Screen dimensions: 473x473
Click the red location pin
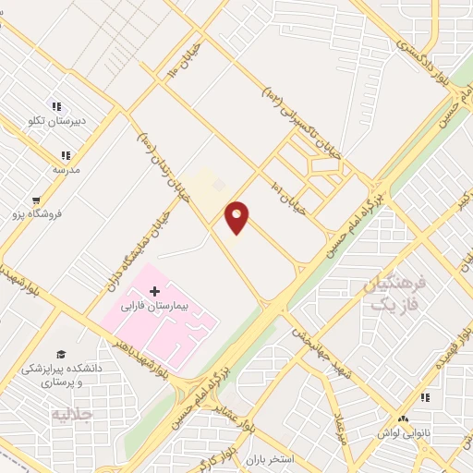click(237, 217)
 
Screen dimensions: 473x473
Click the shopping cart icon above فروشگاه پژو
click(36, 200)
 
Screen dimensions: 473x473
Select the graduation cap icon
click(61, 354)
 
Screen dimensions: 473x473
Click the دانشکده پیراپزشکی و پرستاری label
click(62, 375)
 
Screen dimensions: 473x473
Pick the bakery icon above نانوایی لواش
click(425, 397)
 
